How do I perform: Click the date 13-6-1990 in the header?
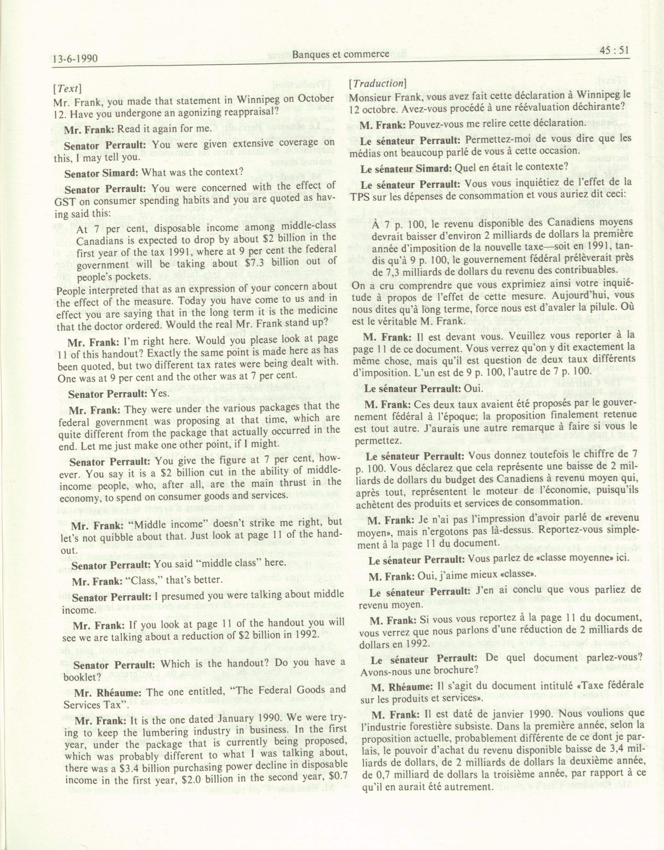tap(76, 59)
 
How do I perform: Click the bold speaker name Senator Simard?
tap(102, 172)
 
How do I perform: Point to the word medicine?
tap(313, 311)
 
